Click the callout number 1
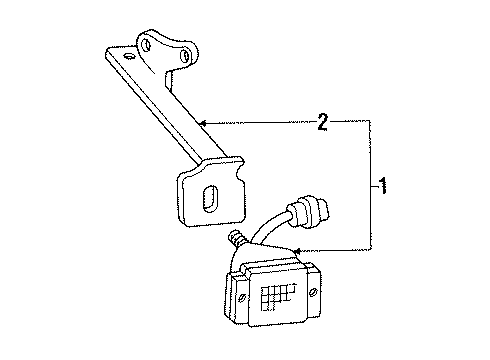pos(383,186)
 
